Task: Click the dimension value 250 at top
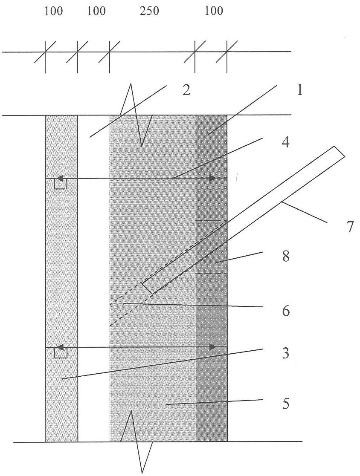149,11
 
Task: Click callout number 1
299,90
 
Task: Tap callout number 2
186,90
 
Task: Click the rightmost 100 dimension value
214,11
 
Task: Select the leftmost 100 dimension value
54,11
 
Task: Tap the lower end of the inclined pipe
148,288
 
